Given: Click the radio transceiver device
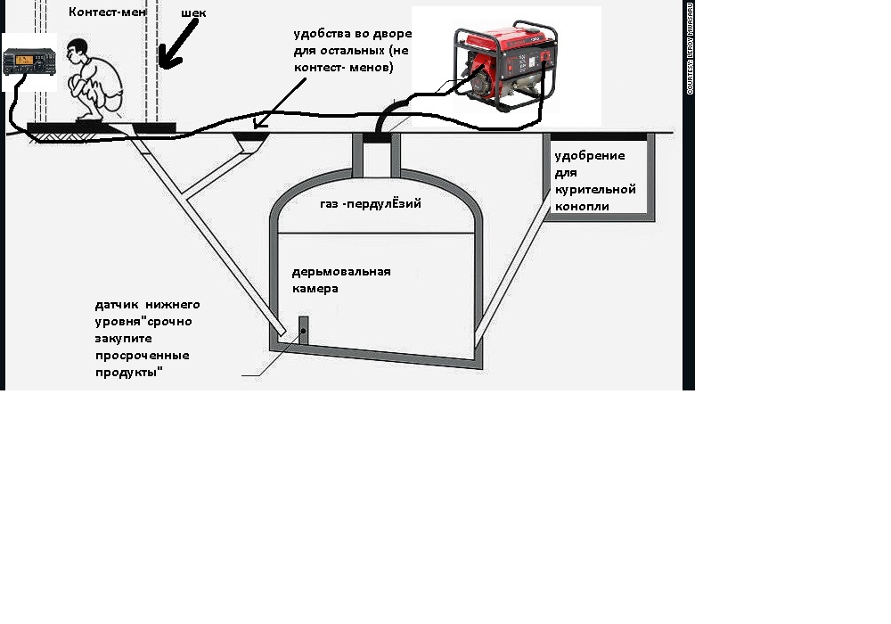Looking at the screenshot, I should click(29, 62).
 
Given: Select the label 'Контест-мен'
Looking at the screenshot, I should click(107, 12).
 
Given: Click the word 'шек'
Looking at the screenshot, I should click(193, 13).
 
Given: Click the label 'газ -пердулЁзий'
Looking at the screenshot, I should click(370, 204).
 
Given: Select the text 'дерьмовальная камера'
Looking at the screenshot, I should click(341, 280).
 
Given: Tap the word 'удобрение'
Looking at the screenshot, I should click(590, 156).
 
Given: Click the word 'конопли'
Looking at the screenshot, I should click(583, 206).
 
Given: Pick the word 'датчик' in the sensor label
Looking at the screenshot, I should click(116, 305).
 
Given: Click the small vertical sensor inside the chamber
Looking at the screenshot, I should click(303, 331).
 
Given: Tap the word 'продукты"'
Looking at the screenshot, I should click(130, 373).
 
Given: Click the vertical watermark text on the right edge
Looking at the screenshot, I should click(690, 49).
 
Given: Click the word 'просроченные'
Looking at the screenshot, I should click(143, 356).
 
